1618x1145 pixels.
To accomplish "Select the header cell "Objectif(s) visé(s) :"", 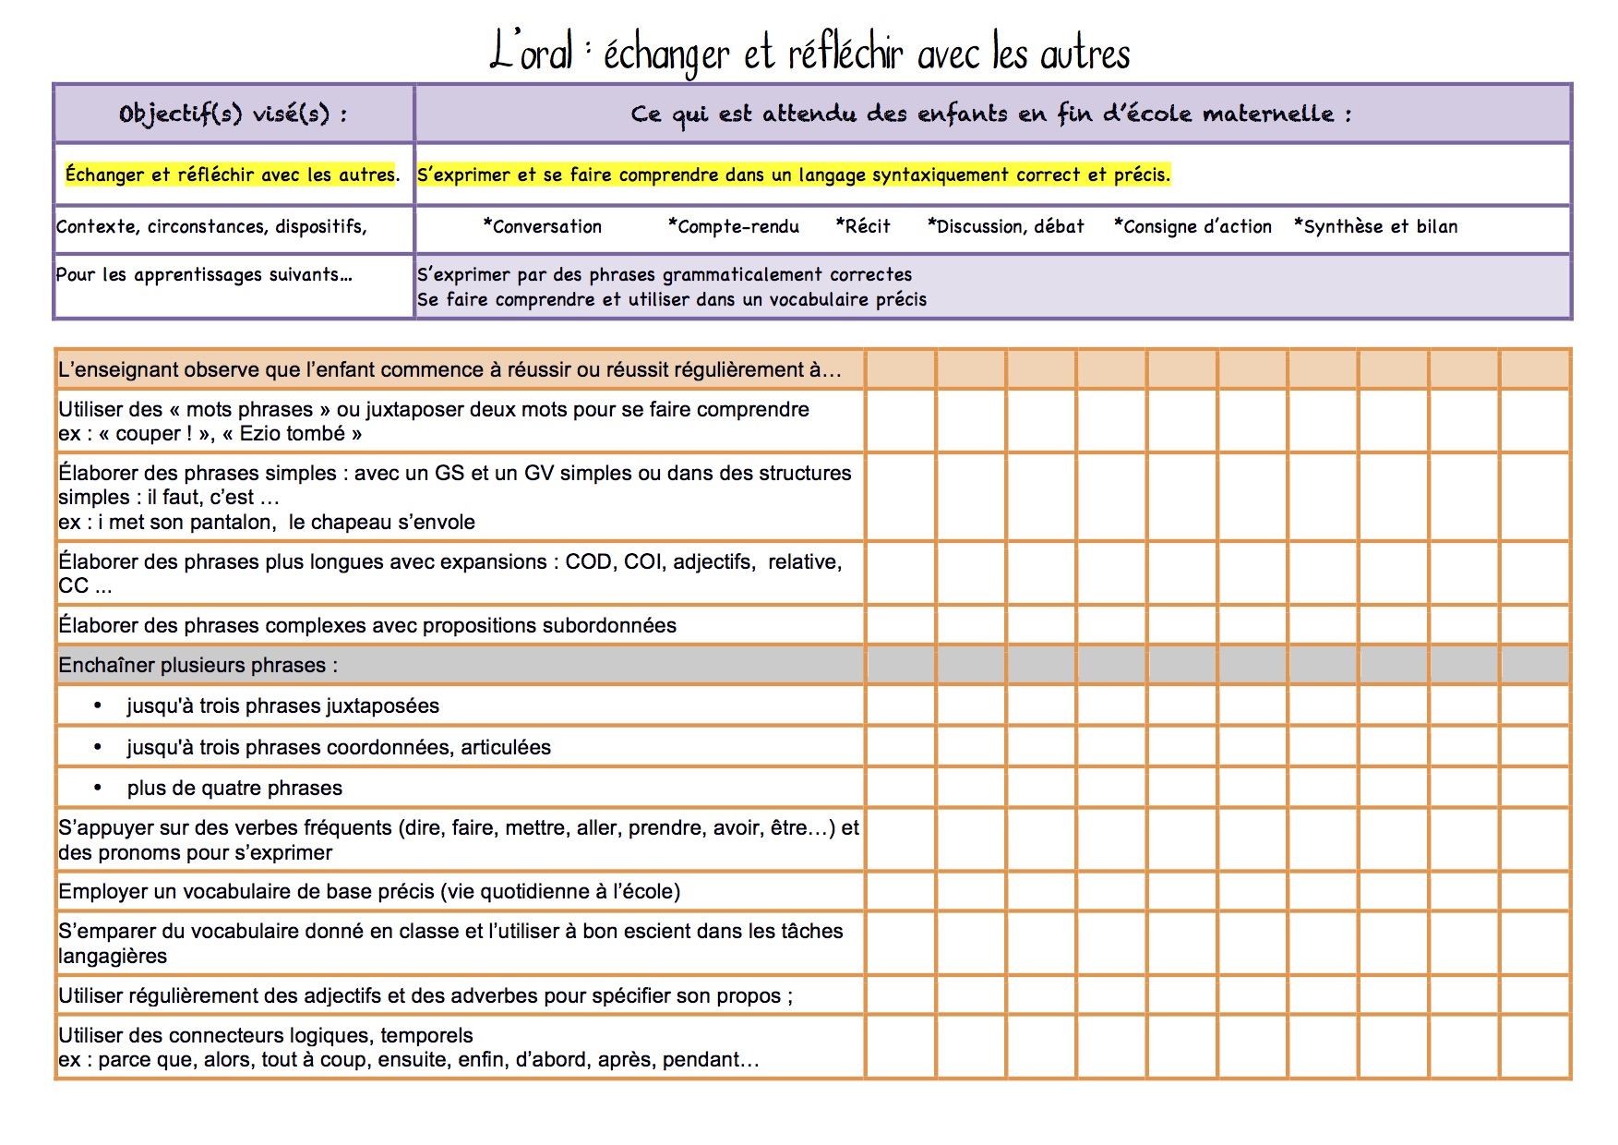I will tap(233, 114).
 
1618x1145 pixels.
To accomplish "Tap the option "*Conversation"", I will tap(542, 226).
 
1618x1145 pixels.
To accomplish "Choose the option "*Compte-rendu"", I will tap(734, 226).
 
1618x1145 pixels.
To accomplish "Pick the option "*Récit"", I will tap(863, 226).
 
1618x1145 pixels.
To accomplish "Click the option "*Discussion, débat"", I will tap(1006, 226).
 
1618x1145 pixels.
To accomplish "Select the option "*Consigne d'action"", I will tap(1193, 226).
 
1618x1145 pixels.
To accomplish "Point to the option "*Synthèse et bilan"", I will tap(1375, 226).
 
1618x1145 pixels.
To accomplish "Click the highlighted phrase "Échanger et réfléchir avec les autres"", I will tap(231, 175).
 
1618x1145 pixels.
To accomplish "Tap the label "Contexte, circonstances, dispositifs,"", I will tap(211, 226).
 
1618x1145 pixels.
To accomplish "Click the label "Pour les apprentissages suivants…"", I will tap(204, 274).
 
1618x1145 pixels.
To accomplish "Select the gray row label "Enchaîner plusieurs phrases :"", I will tap(198, 665).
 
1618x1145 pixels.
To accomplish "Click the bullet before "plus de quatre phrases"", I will tap(98, 788).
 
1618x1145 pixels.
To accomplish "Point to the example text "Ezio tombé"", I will tap(292, 434).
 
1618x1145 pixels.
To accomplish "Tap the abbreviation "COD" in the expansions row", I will tap(588, 561).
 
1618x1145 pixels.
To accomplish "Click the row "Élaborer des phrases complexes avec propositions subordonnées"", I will tap(367, 625).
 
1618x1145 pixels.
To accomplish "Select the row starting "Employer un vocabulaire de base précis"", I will tap(369, 891).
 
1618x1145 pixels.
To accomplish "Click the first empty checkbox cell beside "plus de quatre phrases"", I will tap(900, 788).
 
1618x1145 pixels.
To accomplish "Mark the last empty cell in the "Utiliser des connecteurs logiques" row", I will tap(1534, 1047).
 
